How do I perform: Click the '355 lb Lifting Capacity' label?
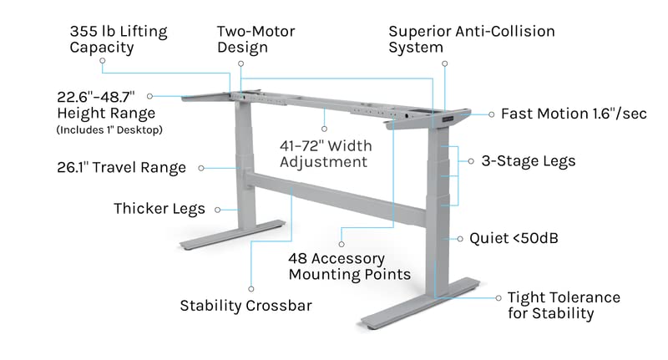118,39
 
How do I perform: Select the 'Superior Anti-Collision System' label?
471,39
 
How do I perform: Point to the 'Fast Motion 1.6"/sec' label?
574,114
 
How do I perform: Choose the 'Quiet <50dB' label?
514,239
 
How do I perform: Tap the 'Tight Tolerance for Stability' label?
564,306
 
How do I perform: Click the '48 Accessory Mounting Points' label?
349,266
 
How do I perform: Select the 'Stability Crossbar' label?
246,306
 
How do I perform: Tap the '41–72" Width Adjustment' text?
325,153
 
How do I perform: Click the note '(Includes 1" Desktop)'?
109,129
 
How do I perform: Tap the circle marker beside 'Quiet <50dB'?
458,239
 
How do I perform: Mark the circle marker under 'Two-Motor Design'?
240,62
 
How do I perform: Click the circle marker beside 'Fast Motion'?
491,114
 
